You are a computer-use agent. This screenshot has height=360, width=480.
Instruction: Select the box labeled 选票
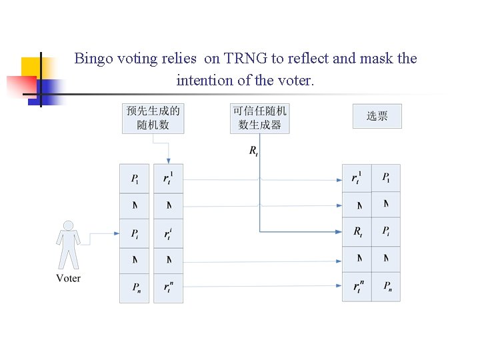point(377,116)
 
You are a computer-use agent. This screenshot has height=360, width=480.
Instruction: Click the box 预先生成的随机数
point(153,117)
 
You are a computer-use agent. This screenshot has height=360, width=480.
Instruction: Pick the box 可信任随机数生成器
point(259,117)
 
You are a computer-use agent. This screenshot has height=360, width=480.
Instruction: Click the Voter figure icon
point(67,245)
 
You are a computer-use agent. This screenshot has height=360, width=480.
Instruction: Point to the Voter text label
point(68,278)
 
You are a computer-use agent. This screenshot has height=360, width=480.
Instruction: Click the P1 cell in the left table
point(135,179)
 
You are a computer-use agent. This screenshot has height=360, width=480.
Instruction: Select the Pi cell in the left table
point(135,233)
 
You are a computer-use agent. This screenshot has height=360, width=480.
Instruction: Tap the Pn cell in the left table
point(135,287)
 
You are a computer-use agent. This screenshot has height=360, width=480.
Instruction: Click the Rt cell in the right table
point(357,232)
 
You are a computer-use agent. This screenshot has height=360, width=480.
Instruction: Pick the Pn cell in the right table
point(386,287)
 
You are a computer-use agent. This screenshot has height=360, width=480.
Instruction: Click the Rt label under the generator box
point(253,151)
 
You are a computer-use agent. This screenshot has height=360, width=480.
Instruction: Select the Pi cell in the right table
point(386,231)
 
